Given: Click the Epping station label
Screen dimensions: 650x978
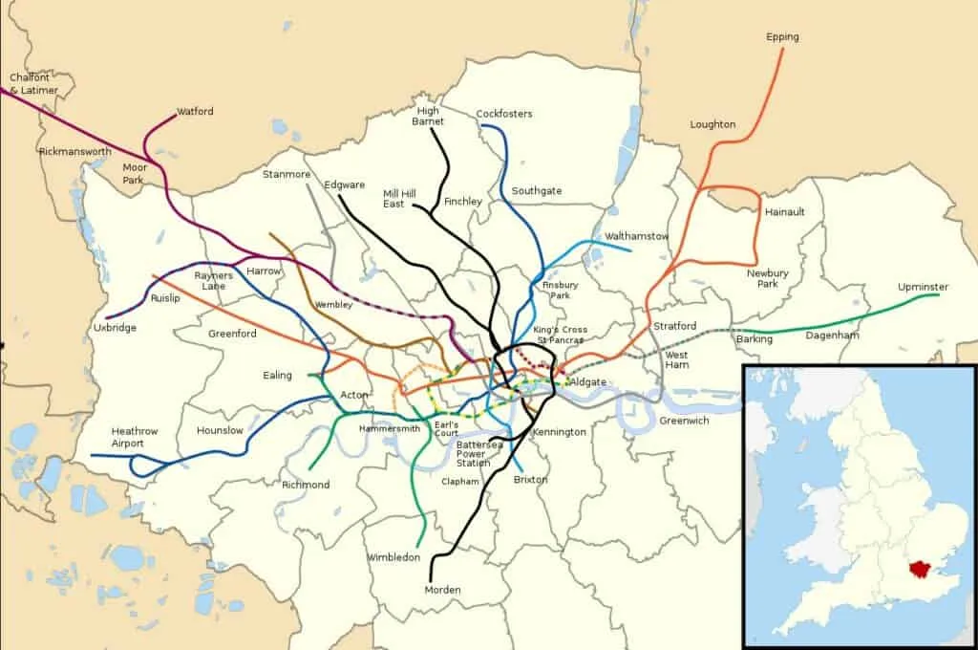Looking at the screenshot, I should pyautogui.click(x=782, y=37).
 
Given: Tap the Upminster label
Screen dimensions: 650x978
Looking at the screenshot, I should pyautogui.click(x=923, y=287).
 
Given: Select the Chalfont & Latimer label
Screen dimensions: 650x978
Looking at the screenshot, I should pyautogui.click(x=33, y=84).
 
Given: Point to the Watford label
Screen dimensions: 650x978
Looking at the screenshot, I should pyautogui.click(x=195, y=112).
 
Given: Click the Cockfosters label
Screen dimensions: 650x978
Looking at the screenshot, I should pyautogui.click(x=504, y=115).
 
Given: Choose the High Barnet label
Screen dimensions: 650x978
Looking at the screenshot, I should pyautogui.click(x=428, y=116).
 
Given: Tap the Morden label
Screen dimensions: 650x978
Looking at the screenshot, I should pyautogui.click(x=442, y=590).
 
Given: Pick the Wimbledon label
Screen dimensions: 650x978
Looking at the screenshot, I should pyautogui.click(x=393, y=557).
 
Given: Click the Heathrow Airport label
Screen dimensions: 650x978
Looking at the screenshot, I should pyautogui.click(x=135, y=438).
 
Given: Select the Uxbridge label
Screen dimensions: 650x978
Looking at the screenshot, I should pyautogui.click(x=116, y=328).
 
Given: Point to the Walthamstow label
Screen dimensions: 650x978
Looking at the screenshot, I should pyautogui.click(x=636, y=236).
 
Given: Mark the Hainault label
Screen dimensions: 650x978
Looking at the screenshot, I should pyautogui.click(x=785, y=212).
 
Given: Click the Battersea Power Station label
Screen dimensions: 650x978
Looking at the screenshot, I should pyautogui.click(x=473, y=454).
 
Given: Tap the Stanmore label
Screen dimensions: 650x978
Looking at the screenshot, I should pyautogui.click(x=287, y=175).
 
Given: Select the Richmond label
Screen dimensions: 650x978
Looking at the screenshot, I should pyautogui.click(x=306, y=486).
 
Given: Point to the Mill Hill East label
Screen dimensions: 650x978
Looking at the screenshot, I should pyautogui.click(x=399, y=199).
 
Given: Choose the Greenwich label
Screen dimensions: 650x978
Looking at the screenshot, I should pyautogui.click(x=684, y=421).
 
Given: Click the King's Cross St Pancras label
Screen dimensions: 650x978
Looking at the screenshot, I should pyautogui.click(x=561, y=336).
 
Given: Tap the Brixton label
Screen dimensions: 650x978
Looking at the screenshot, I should pyautogui.click(x=530, y=479).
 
